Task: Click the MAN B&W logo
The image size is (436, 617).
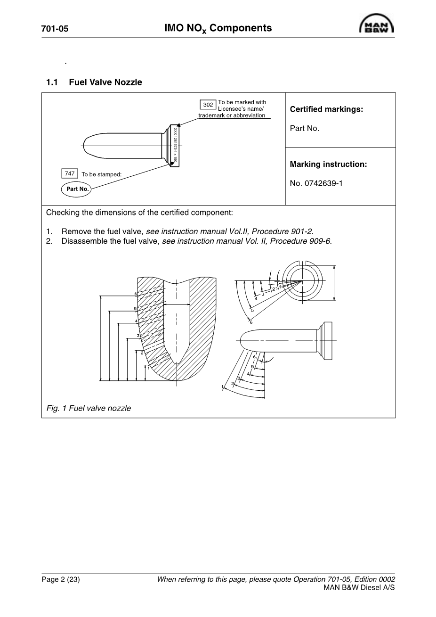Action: (377, 24)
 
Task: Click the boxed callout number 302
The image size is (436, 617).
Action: (208, 105)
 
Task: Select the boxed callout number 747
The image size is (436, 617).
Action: (70, 173)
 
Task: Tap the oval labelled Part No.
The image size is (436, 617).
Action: (78, 189)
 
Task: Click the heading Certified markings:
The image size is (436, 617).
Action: (326, 109)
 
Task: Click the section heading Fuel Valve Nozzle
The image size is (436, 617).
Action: (105, 82)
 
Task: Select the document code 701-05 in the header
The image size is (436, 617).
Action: (55, 29)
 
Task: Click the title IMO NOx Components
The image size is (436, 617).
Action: (218, 28)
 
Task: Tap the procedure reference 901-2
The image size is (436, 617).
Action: (300, 231)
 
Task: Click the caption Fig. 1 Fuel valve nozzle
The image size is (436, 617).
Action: (89, 408)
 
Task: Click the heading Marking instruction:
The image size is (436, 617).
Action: (328, 165)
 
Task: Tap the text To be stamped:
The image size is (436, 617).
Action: (102, 174)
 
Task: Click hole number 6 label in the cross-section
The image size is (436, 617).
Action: (135, 294)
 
